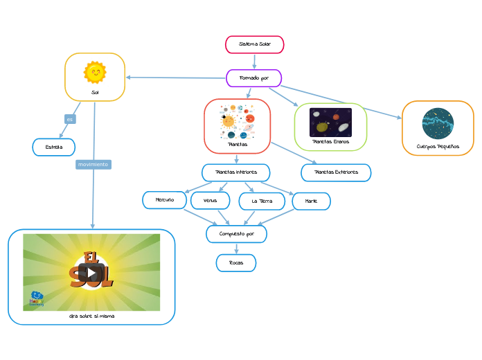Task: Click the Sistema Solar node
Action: [x=254, y=44]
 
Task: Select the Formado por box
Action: [x=253, y=78]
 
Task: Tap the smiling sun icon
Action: [x=95, y=72]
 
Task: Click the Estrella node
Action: [x=53, y=147]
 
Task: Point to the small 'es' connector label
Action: [x=69, y=119]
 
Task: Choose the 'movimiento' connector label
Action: [x=93, y=165]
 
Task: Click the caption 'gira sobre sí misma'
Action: [x=91, y=316]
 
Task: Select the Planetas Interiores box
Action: [x=235, y=172]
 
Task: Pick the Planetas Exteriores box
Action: [x=336, y=172]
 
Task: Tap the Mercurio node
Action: [x=164, y=200]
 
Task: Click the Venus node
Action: [x=210, y=201]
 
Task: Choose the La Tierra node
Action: [x=262, y=201]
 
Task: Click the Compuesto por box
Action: [x=236, y=234]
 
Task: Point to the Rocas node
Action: [x=235, y=263]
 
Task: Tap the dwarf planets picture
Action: [x=330, y=122]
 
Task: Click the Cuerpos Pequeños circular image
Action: [x=438, y=123]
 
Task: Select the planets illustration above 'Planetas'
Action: [x=237, y=118]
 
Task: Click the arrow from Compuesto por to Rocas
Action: [x=236, y=249]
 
